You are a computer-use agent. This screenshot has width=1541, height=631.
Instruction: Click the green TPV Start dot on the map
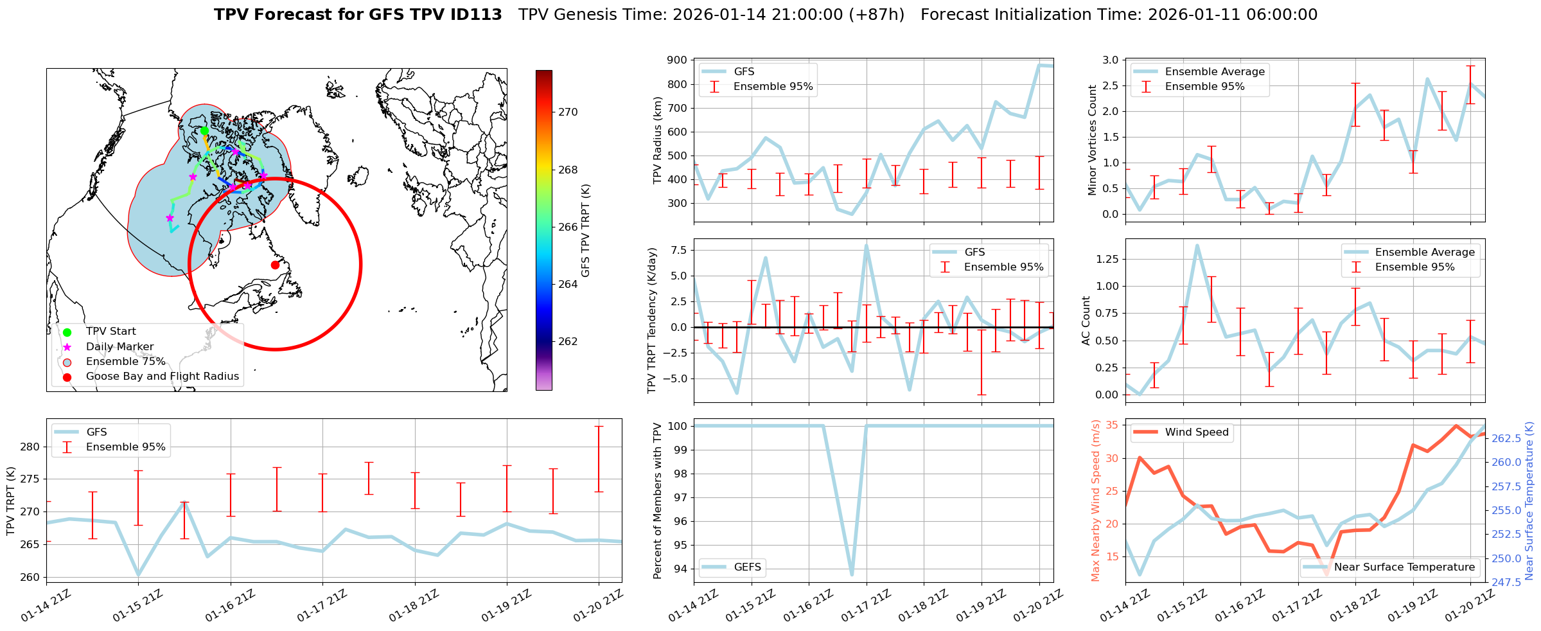click(x=204, y=131)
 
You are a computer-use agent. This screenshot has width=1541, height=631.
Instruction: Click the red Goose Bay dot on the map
click(x=275, y=265)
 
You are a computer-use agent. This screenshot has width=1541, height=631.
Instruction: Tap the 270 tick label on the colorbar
click(x=568, y=112)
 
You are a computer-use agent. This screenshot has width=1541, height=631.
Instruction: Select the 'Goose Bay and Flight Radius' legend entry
click(x=162, y=377)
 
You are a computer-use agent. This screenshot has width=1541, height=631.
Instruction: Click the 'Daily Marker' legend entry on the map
click(x=119, y=347)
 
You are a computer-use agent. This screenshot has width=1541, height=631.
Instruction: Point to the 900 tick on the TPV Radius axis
click(x=678, y=60)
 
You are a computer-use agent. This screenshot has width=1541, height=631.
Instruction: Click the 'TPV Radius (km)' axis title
click(x=657, y=140)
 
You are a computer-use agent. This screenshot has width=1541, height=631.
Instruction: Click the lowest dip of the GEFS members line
click(x=852, y=574)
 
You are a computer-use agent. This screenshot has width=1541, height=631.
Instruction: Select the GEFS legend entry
click(x=747, y=567)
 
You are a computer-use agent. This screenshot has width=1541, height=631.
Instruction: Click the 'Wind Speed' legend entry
click(x=1196, y=432)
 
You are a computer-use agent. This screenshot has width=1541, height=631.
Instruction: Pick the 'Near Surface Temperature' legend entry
click(x=1404, y=567)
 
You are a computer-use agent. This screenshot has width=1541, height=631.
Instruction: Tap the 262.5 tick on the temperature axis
click(x=1506, y=439)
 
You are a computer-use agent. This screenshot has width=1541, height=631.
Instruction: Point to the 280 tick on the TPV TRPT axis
click(x=30, y=447)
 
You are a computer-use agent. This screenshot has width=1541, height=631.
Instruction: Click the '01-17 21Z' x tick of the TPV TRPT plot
click(x=323, y=606)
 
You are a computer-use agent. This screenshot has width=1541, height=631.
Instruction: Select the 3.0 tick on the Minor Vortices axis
click(x=1110, y=60)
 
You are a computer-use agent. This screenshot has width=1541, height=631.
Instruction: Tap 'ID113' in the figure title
click(x=477, y=15)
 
